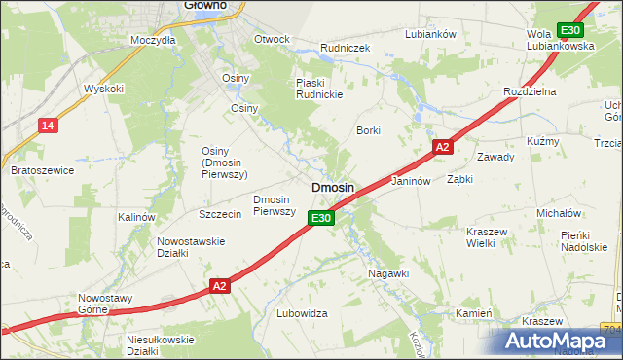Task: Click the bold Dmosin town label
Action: pyautogui.click(x=332, y=186)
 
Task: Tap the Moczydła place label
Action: pyautogui.click(x=153, y=41)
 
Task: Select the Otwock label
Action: pyautogui.click(x=272, y=40)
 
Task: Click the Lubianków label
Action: pyautogui.click(x=430, y=34)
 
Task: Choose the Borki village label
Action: pyautogui.click(x=368, y=130)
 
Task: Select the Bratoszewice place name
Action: pyautogui.click(x=42, y=170)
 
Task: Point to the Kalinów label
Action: pyautogui.click(x=136, y=217)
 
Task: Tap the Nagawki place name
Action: pyautogui.click(x=387, y=273)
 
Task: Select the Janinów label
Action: pyautogui.click(x=410, y=181)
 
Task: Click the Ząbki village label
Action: pyautogui.click(x=459, y=180)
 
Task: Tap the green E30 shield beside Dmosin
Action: pyautogui.click(x=323, y=219)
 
